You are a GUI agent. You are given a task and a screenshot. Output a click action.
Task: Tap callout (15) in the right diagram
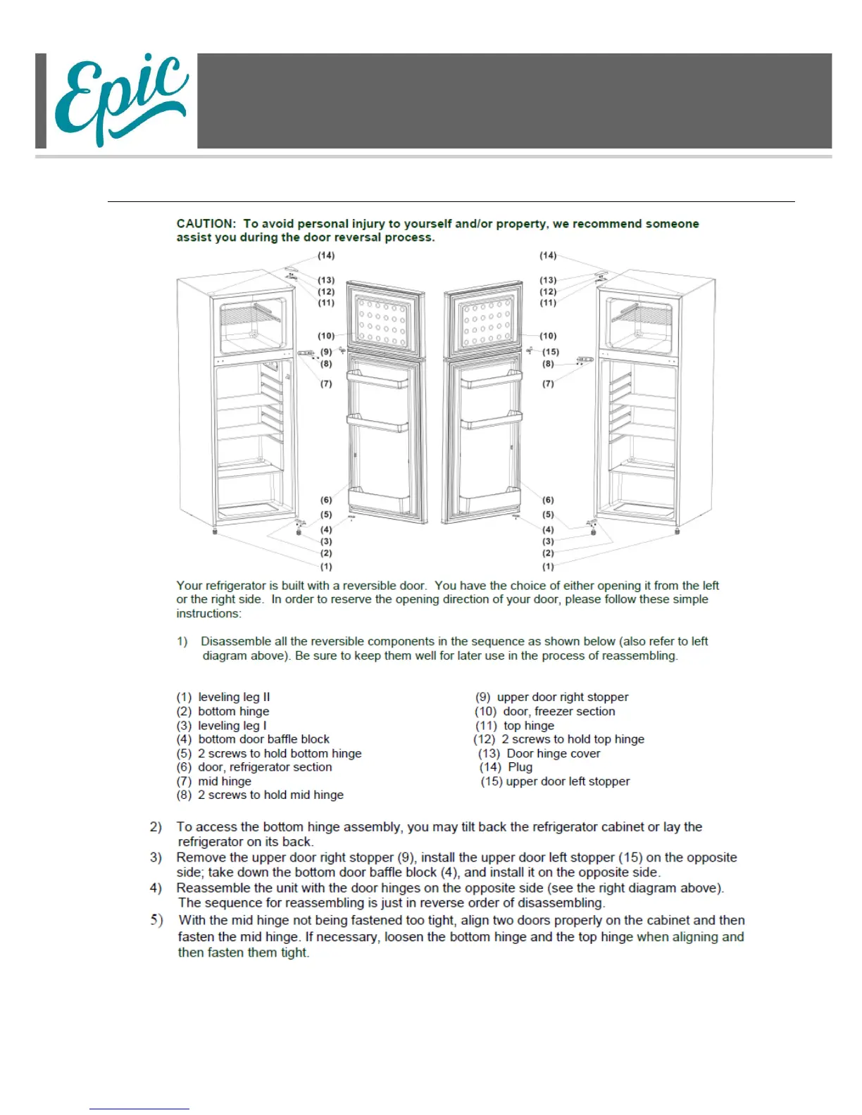tap(550, 352)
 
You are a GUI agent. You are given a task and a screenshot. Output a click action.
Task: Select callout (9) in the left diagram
tap(326, 352)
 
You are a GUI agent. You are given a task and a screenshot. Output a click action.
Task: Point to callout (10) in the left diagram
tap(326, 336)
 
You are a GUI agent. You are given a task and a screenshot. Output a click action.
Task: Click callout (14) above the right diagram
tap(548, 256)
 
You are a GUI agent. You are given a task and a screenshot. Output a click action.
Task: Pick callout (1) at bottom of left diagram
tap(326, 567)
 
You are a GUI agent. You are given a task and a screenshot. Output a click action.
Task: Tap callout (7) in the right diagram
tap(548, 384)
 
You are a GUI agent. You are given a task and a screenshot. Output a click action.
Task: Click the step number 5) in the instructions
tap(156, 920)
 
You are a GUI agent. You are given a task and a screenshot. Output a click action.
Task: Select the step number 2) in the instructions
tap(156, 827)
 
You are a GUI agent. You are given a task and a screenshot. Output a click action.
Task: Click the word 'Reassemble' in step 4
tap(213, 888)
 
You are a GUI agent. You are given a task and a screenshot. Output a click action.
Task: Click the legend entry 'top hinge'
tap(528, 726)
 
